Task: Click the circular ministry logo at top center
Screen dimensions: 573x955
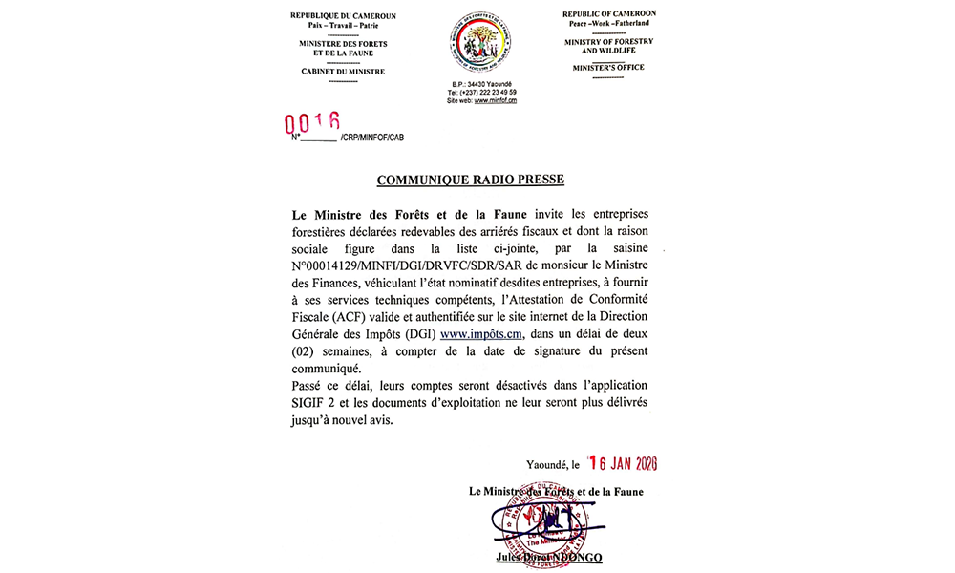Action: pyautogui.click(x=479, y=44)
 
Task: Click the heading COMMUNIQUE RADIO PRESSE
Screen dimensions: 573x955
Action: pyautogui.click(x=470, y=180)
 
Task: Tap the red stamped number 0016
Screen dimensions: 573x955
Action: pyautogui.click(x=313, y=122)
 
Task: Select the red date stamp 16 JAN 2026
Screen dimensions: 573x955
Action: pyautogui.click(x=624, y=464)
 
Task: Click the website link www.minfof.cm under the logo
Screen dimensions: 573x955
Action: pyautogui.click(x=495, y=100)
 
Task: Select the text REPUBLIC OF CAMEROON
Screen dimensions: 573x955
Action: pyautogui.click(x=608, y=13)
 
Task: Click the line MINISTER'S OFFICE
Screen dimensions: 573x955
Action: pyautogui.click(x=608, y=68)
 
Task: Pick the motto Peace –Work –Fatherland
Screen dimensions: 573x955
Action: pyautogui.click(x=608, y=23)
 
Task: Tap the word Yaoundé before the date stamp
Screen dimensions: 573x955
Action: pyautogui.click(x=546, y=465)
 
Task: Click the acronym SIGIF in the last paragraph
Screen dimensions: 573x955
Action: pyautogui.click(x=310, y=403)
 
